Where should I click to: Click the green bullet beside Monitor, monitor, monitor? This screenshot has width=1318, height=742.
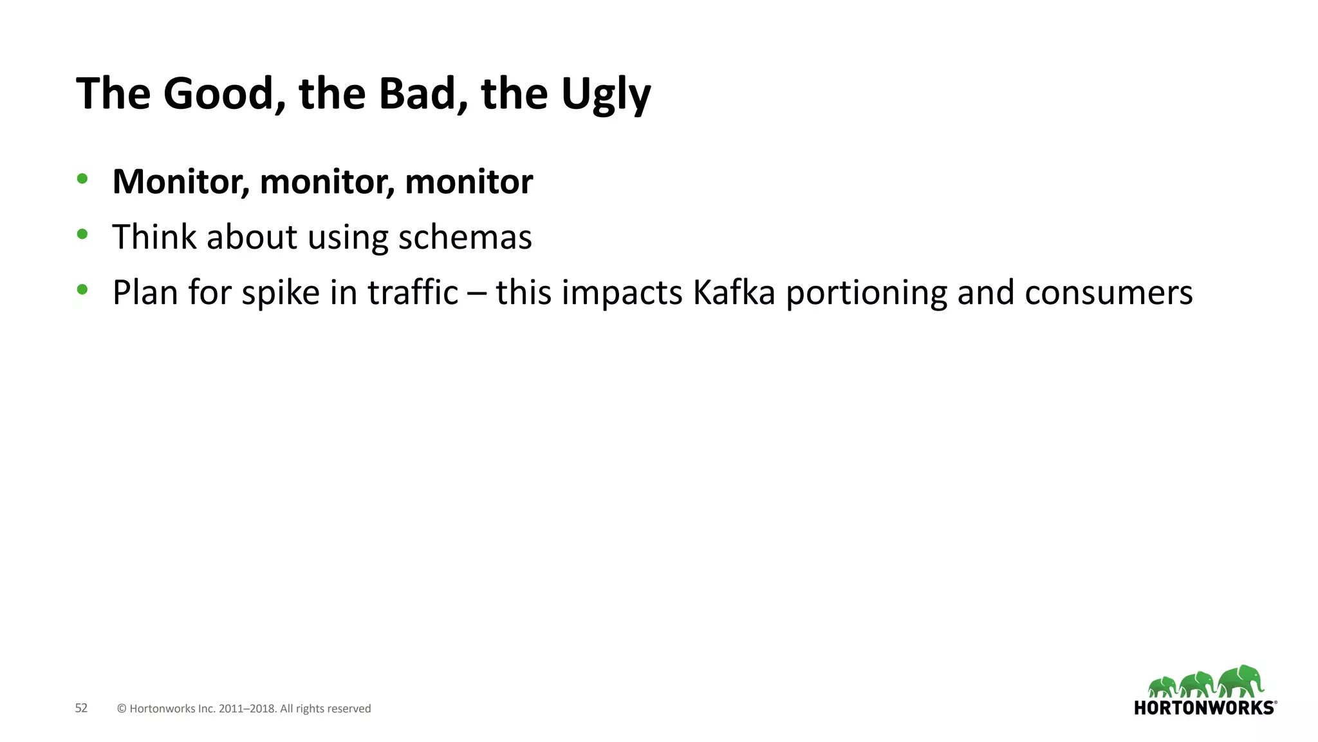(x=82, y=179)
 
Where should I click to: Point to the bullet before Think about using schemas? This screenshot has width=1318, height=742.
(x=82, y=234)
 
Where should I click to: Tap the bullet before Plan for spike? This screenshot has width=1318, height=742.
(x=82, y=290)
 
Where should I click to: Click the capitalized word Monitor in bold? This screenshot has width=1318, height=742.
(x=180, y=182)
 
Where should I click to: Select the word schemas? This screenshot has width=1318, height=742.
(x=465, y=237)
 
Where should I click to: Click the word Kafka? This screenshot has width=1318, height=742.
(x=734, y=292)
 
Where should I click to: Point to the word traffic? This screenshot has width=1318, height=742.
(x=413, y=292)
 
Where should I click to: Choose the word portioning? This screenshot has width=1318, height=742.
(x=867, y=294)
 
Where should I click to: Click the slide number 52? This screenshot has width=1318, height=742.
(x=81, y=708)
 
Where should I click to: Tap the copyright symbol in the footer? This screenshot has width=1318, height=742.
(x=122, y=709)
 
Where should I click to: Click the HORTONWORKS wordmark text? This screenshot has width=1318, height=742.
(x=1203, y=708)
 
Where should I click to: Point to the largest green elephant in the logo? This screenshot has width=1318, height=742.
(x=1241, y=681)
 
